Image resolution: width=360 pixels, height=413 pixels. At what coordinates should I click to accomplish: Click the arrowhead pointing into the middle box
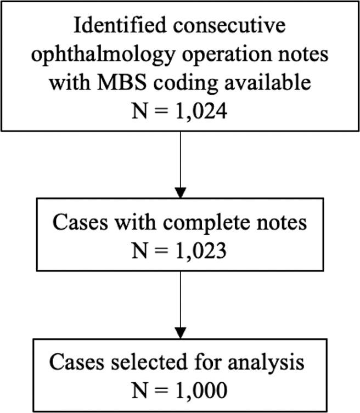[180, 193]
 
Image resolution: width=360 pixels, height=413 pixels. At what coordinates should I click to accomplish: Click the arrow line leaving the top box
[180, 159]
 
